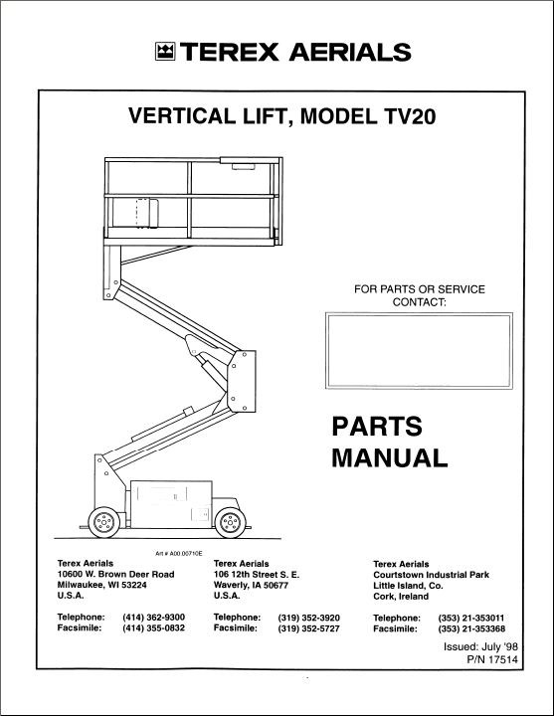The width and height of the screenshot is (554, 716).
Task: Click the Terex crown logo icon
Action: (165, 52)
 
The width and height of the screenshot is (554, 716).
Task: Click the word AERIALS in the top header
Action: (350, 52)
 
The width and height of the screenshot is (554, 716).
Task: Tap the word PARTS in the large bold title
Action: (377, 427)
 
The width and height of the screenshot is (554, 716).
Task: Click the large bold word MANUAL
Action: (390, 458)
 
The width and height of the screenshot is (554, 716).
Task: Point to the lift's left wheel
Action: (103, 522)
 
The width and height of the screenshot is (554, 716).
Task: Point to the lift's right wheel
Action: (230, 522)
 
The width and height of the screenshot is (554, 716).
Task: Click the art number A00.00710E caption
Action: (179, 554)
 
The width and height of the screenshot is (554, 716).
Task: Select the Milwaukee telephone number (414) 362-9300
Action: (153, 618)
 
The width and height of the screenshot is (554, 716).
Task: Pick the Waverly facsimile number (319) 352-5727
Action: (308, 628)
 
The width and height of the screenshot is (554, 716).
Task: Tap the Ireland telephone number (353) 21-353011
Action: (471, 619)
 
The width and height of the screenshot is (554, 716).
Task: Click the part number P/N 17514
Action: (492, 660)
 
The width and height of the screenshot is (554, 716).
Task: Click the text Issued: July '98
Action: (480, 647)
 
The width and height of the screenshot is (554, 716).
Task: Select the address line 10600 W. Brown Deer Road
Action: (115, 575)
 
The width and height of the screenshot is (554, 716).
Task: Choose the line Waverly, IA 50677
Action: (251, 586)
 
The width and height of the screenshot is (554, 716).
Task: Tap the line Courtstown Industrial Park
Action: (431, 575)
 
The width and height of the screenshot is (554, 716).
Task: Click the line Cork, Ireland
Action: (401, 597)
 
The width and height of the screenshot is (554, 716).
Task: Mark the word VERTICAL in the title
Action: (181, 116)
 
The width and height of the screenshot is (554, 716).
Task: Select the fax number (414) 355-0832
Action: (153, 628)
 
